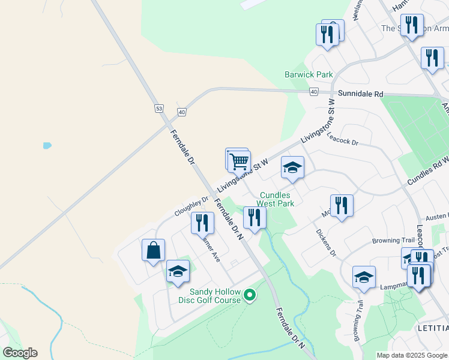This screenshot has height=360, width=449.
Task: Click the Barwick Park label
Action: [x=309, y=75]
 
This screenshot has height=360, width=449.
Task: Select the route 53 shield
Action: [x=158, y=109]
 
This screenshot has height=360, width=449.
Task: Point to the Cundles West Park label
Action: [x=277, y=199]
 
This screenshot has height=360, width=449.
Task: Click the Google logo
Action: [x=20, y=353]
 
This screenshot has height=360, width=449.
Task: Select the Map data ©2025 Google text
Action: [x=411, y=355]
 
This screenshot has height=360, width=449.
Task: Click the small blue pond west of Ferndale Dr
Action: [x=46, y=145]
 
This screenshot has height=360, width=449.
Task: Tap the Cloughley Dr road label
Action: [x=191, y=206]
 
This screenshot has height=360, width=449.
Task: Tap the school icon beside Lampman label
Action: [x=364, y=277]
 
